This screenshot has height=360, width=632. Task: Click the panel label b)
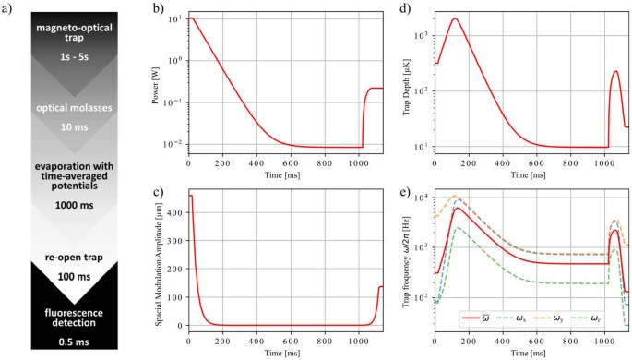tap(159, 11)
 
